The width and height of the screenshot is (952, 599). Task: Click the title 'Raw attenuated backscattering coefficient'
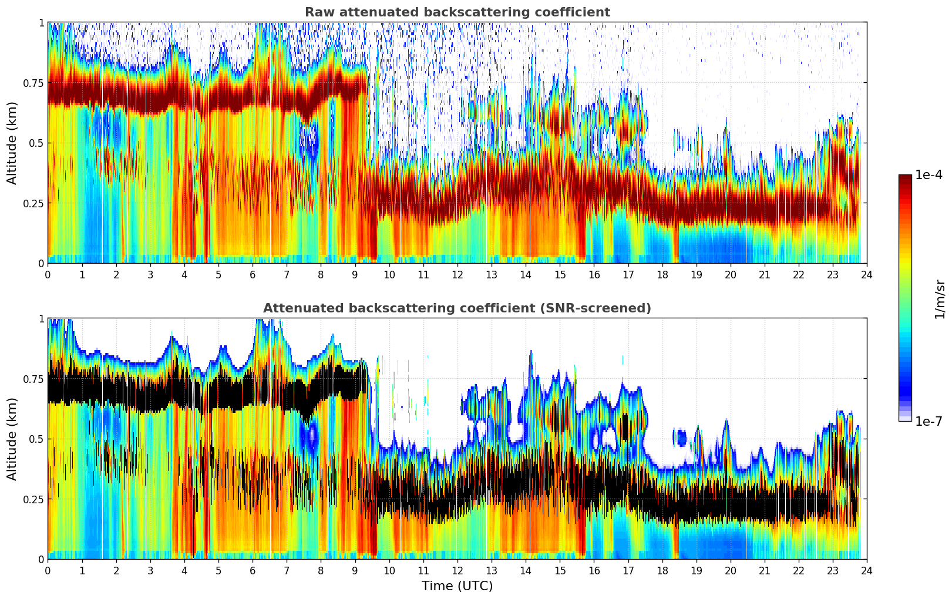pos(457,12)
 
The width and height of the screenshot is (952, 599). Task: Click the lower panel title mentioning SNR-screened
pos(457,308)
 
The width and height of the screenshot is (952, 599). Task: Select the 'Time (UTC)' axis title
pos(457,586)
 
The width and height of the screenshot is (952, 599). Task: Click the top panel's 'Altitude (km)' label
pos(12,143)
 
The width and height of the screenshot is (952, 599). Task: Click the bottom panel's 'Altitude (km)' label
pos(12,439)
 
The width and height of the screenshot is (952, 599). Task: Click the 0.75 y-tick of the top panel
pos(33,83)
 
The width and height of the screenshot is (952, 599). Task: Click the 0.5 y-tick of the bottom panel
pos(36,439)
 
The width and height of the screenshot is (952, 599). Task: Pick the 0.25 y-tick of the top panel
pos(33,203)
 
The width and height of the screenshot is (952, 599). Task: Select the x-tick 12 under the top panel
pos(457,274)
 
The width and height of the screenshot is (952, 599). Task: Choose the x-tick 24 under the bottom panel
pos(867,570)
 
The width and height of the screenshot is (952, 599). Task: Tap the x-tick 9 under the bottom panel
pos(355,570)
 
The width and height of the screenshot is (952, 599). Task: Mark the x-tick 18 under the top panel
pos(662,274)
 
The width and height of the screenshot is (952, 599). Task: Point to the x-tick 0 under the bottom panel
pos(48,570)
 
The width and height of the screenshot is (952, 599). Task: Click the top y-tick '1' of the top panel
pos(41,22)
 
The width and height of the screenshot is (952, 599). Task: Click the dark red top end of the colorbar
pos(904,178)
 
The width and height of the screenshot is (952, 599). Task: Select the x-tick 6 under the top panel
pos(253,274)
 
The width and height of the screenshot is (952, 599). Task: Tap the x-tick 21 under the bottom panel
pos(764,570)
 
